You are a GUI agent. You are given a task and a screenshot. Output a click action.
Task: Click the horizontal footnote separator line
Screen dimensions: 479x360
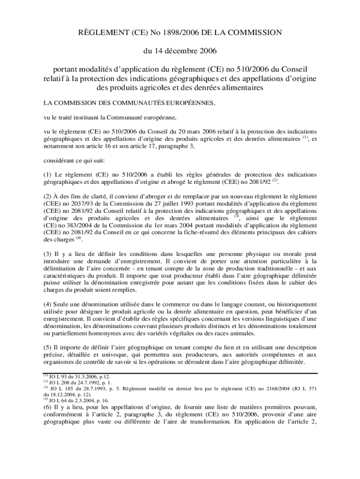(x=180, y=373)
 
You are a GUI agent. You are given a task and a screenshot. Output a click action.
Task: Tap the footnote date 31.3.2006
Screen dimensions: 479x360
(x=83, y=377)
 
